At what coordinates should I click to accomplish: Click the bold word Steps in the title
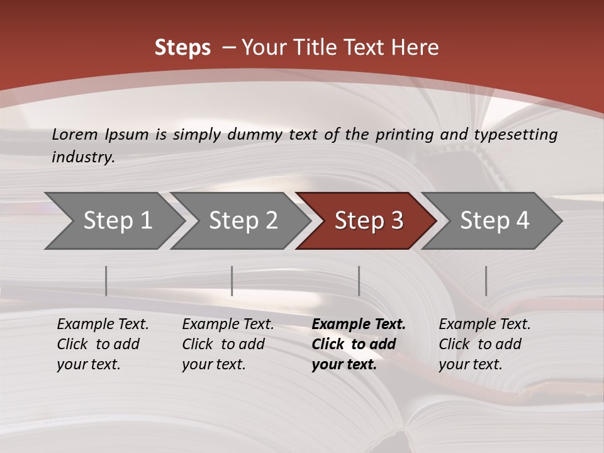[182, 48]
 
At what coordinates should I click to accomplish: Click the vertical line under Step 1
[106, 281]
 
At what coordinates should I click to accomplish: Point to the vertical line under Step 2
[232, 281]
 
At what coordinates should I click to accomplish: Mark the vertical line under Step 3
[359, 281]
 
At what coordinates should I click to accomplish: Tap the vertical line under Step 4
[486, 281]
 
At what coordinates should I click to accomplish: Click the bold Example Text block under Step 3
[359, 344]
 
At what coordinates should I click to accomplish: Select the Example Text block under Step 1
[103, 344]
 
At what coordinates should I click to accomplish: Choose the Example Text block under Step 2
[228, 344]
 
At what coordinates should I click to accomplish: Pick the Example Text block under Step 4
[484, 344]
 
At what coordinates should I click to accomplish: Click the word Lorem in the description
[75, 134]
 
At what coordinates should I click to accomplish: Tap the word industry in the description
[82, 157]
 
